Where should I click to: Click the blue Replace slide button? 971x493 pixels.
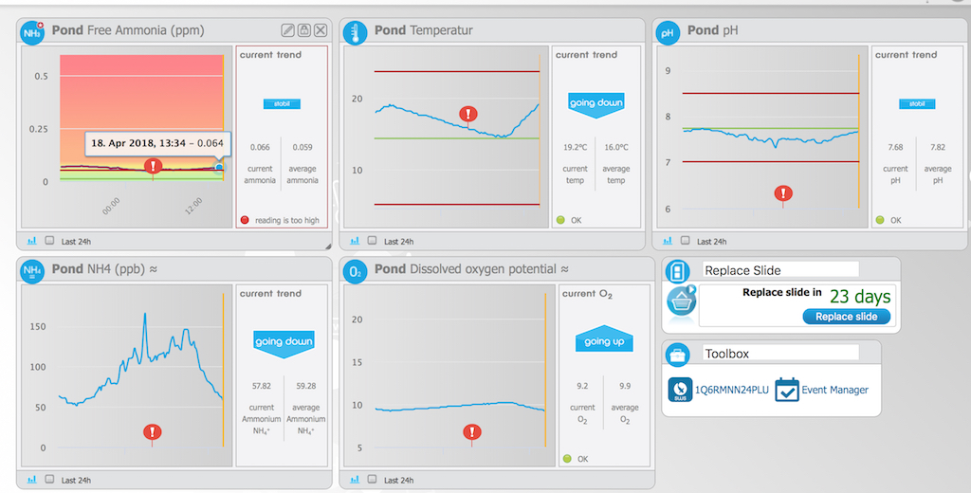[x=847, y=317]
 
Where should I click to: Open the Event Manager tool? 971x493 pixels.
[x=822, y=390]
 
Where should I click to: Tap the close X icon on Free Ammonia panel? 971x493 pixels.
[x=320, y=30]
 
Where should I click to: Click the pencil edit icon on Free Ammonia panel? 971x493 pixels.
[x=288, y=30]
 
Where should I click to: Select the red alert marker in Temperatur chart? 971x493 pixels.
[x=467, y=115]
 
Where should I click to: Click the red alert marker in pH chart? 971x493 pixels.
[x=783, y=193]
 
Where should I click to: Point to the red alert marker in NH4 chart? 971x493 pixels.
[x=153, y=432]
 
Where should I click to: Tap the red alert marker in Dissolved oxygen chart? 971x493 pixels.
[x=471, y=432]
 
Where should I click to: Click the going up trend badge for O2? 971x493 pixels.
[x=604, y=341]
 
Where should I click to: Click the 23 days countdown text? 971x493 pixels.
[x=859, y=295]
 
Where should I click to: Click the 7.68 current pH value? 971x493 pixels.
[x=895, y=147]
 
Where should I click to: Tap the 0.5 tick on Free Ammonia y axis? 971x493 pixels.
[x=42, y=76]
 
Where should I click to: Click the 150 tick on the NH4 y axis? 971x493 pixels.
[x=38, y=326]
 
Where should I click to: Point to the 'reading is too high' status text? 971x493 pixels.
[x=287, y=220]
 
